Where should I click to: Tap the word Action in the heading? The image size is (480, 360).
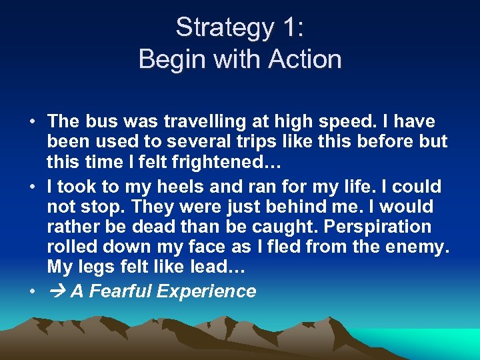tap(305, 60)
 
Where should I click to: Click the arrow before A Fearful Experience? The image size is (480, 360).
tap(57, 291)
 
